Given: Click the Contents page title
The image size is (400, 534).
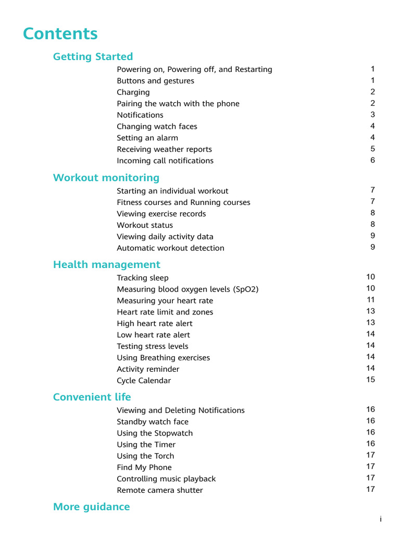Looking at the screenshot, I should click(x=60, y=34).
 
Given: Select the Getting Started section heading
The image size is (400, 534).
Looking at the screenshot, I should click(x=93, y=57).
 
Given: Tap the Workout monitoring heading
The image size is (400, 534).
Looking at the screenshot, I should click(x=106, y=178).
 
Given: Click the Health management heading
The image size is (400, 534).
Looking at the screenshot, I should click(x=107, y=265).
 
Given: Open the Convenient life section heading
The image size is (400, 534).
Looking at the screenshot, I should click(x=92, y=397).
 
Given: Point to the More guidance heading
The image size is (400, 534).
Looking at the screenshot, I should click(x=92, y=507).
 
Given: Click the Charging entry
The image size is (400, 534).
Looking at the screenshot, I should click(x=133, y=92).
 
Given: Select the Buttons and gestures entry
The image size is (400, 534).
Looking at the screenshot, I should click(x=155, y=81).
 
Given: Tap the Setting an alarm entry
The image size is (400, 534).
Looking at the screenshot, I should click(x=147, y=138).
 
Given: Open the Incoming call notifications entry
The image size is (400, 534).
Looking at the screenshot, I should click(x=165, y=161).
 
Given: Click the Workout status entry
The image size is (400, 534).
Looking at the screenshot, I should click(x=145, y=225).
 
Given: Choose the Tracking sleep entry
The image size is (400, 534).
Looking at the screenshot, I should click(x=143, y=278).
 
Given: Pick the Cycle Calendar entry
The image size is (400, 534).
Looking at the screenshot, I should click(x=144, y=381).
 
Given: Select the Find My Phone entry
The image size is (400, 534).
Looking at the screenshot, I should click(x=144, y=468).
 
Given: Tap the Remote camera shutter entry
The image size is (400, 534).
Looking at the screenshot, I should click(x=160, y=491).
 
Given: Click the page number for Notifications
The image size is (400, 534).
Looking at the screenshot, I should click(x=372, y=115).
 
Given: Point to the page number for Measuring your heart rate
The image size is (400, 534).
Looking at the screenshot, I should click(x=370, y=300).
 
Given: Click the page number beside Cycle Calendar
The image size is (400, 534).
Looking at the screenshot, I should click(x=370, y=380).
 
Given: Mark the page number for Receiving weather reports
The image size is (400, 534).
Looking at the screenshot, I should click(x=372, y=149).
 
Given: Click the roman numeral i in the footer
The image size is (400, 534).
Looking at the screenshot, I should click(x=381, y=519).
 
